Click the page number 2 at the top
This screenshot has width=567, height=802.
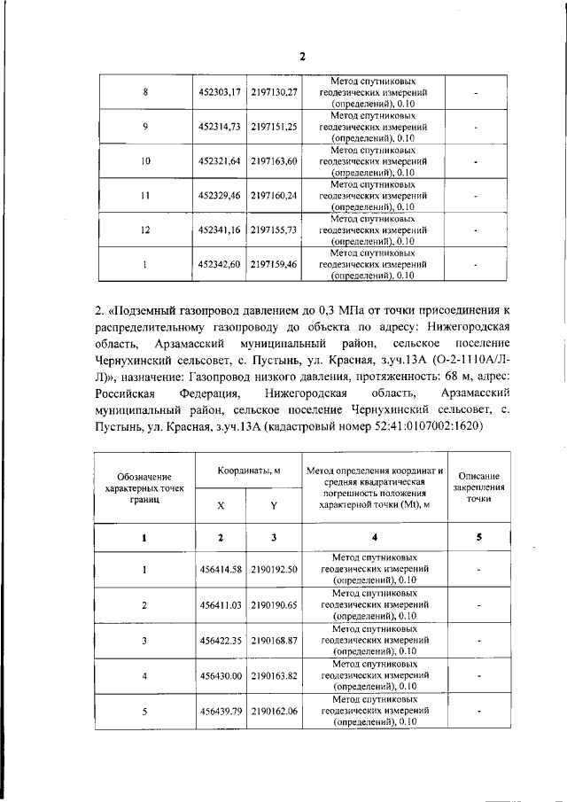tap(301, 57)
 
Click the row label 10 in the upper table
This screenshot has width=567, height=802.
tap(145, 161)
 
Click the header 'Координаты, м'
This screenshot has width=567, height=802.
tap(248, 472)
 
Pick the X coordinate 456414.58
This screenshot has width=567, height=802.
tap(221, 569)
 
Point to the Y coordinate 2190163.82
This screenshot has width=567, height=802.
tap(274, 675)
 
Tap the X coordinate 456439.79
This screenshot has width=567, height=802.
tap(221, 711)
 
